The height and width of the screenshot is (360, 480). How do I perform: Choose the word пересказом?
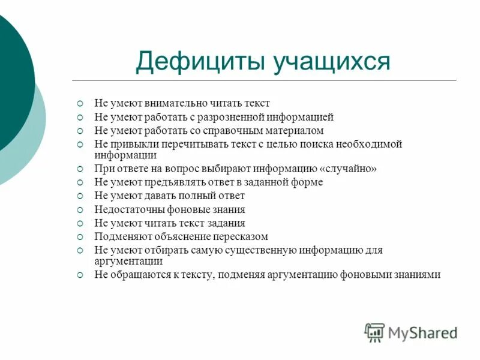pyautogui.click(x=242, y=236)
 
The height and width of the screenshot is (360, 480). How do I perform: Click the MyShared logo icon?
pyautogui.click(x=374, y=332)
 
